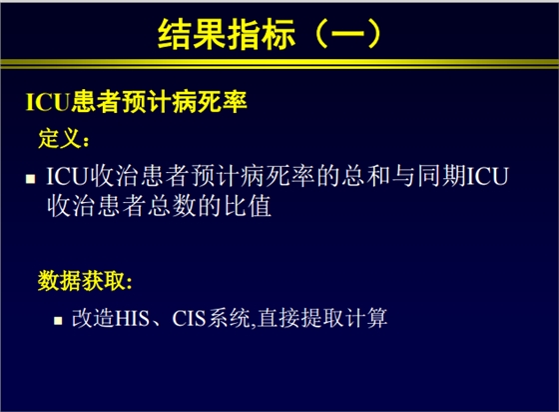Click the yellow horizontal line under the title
tap(279, 66)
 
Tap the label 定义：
tap(64, 134)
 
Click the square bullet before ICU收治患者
tap(30, 178)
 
